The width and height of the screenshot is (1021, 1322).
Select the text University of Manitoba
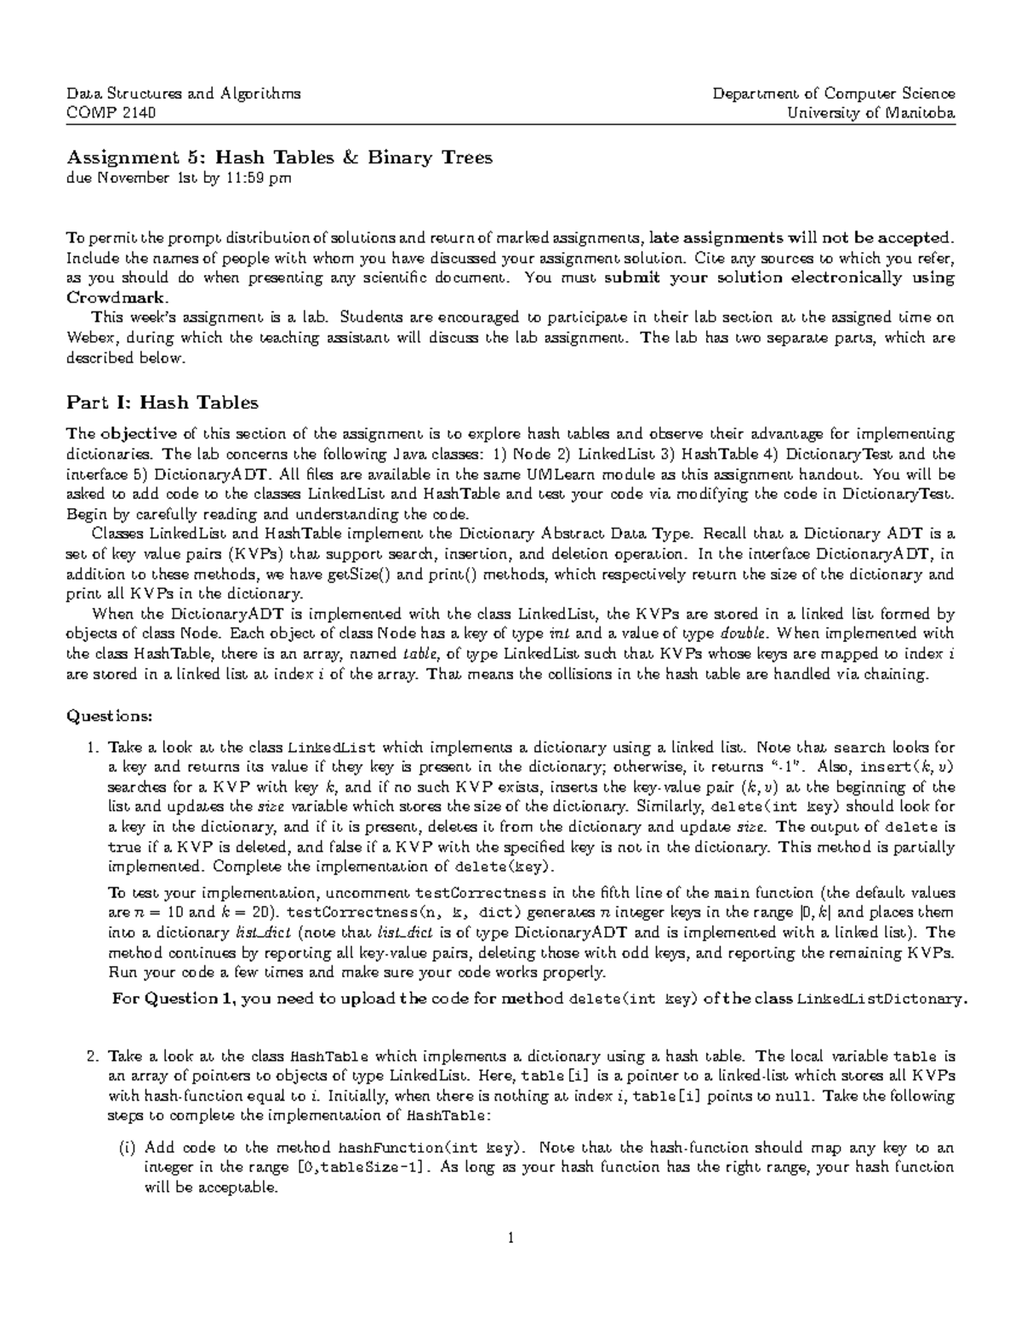(x=872, y=113)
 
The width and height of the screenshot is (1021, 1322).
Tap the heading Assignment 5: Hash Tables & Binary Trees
(x=280, y=157)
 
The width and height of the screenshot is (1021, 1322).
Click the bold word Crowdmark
(x=117, y=298)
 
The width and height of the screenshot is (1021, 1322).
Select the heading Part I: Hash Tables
(x=162, y=402)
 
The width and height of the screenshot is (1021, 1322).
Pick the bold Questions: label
(x=110, y=716)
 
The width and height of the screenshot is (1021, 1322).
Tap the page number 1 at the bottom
(x=510, y=1239)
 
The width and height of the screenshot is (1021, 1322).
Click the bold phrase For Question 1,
(x=174, y=999)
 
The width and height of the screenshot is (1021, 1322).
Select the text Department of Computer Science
(x=835, y=94)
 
